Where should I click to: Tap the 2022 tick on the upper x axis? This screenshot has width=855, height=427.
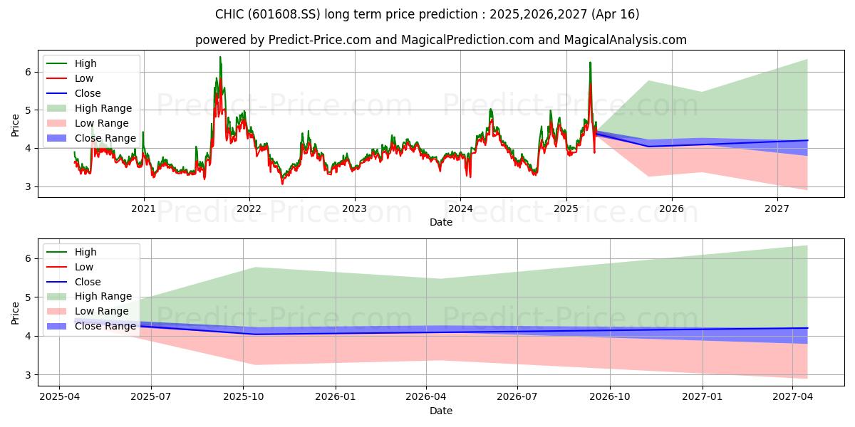coord(249,209)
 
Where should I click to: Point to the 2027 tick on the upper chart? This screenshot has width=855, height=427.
coord(777,209)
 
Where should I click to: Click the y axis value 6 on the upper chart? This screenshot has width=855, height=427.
coord(28,72)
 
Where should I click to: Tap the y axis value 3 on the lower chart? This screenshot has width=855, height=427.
coord(28,374)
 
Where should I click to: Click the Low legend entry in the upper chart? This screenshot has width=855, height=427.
coord(85,78)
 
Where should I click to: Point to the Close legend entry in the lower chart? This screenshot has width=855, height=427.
coord(88,282)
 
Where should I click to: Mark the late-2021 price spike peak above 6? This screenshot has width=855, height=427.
coord(220,57)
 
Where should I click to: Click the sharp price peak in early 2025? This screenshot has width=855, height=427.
coord(590,63)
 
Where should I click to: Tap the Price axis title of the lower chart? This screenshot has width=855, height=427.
coord(16,313)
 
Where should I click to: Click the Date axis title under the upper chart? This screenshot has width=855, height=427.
coord(440,222)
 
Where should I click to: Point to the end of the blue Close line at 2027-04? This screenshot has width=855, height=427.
coord(807,328)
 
